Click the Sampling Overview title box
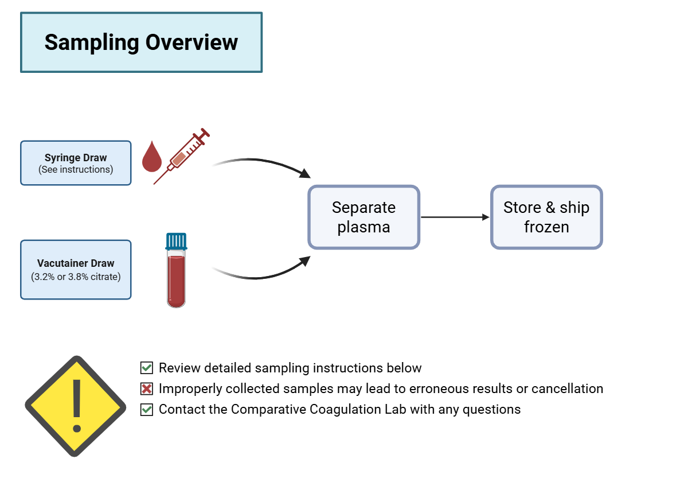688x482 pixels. tap(141, 42)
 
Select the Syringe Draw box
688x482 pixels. tap(76, 163)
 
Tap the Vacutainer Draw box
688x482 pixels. tap(76, 270)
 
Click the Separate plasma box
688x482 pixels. tap(363, 217)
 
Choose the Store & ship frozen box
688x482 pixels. tap(546, 217)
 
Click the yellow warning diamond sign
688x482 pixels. tap(75, 406)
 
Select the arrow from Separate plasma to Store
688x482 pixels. tap(455, 217)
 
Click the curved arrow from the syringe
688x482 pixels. tap(261, 164)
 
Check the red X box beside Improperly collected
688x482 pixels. tap(147, 389)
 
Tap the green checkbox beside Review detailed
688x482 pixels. tap(147, 368)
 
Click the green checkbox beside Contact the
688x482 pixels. tap(147, 410)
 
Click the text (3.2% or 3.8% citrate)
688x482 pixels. tap(76, 276)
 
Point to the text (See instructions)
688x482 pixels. tap(76, 169)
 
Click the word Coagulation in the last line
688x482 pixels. tap(347, 409)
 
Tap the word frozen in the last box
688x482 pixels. tap(546, 227)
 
